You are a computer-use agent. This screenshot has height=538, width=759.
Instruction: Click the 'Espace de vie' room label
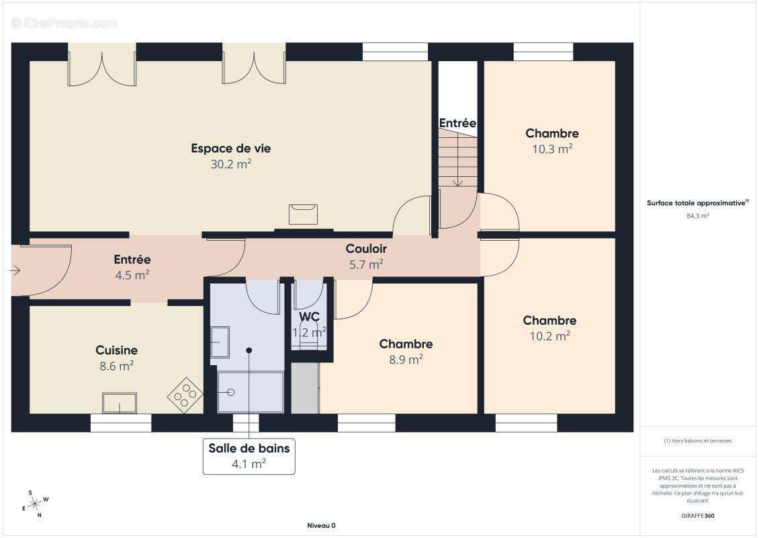pyautogui.click(x=231, y=149)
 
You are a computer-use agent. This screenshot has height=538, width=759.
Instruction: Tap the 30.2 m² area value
pyautogui.click(x=231, y=164)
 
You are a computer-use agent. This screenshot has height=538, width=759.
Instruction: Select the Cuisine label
pyautogui.click(x=117, y=350)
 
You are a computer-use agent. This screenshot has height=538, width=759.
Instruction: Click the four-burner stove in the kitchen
pyautogui.click(x=185, y=395)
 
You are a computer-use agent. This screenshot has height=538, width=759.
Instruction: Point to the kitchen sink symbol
pyautogui.click(x=120, y=403)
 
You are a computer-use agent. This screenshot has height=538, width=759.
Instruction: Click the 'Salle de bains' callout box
pyautogui.click(x=249, y=456)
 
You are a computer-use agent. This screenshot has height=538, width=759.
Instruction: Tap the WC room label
pyautogui.click(x=309, y=317)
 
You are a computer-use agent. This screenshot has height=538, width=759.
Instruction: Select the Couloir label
pyautogui.click(x=366, y=249)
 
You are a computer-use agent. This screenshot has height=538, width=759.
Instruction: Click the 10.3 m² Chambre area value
pyautogui.click(x=552, y=149)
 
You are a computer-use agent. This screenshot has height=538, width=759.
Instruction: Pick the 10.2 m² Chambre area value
pyautogui.click(x=550, y=336)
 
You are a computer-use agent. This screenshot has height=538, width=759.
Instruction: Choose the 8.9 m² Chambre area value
pyautogui.click(x=406, y=360)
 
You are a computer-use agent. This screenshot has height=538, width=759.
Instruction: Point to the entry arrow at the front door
pyautogui.click(x=15, y=270)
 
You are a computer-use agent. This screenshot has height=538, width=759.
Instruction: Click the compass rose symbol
pyautogui.click(x=35, y=504)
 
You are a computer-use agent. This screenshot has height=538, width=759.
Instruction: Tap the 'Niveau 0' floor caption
pyautogui.click(x=322, y=525)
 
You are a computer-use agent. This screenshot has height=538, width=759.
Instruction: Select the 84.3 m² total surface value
pyautogui.click(x=698, y=216)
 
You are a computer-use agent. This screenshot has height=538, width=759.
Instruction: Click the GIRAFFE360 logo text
pyautogui.click(x=697, y=516)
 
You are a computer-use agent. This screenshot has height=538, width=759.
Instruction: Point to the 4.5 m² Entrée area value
pyautogui.click(x=132, y=275)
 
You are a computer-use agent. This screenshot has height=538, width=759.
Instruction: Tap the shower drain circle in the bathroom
pyautogui.click(x=230, y=392)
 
